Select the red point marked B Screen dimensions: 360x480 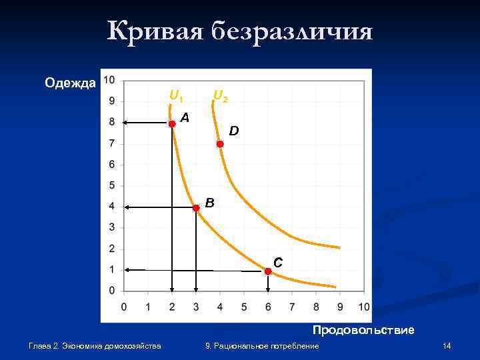196,208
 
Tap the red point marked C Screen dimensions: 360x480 267,271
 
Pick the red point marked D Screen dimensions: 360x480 220,143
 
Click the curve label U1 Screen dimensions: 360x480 176,96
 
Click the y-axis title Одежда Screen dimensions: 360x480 70,83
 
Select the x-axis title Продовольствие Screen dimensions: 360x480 363,330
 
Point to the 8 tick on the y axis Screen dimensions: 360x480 111,122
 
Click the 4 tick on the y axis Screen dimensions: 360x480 111,207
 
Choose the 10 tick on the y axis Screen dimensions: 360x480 109,80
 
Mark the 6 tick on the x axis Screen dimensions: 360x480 268,307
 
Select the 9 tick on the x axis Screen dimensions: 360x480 340,307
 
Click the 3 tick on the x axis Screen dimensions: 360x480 196,307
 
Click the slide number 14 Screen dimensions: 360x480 447,346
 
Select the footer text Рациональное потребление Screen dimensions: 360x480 271,346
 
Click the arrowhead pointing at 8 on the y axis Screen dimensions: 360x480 127,122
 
